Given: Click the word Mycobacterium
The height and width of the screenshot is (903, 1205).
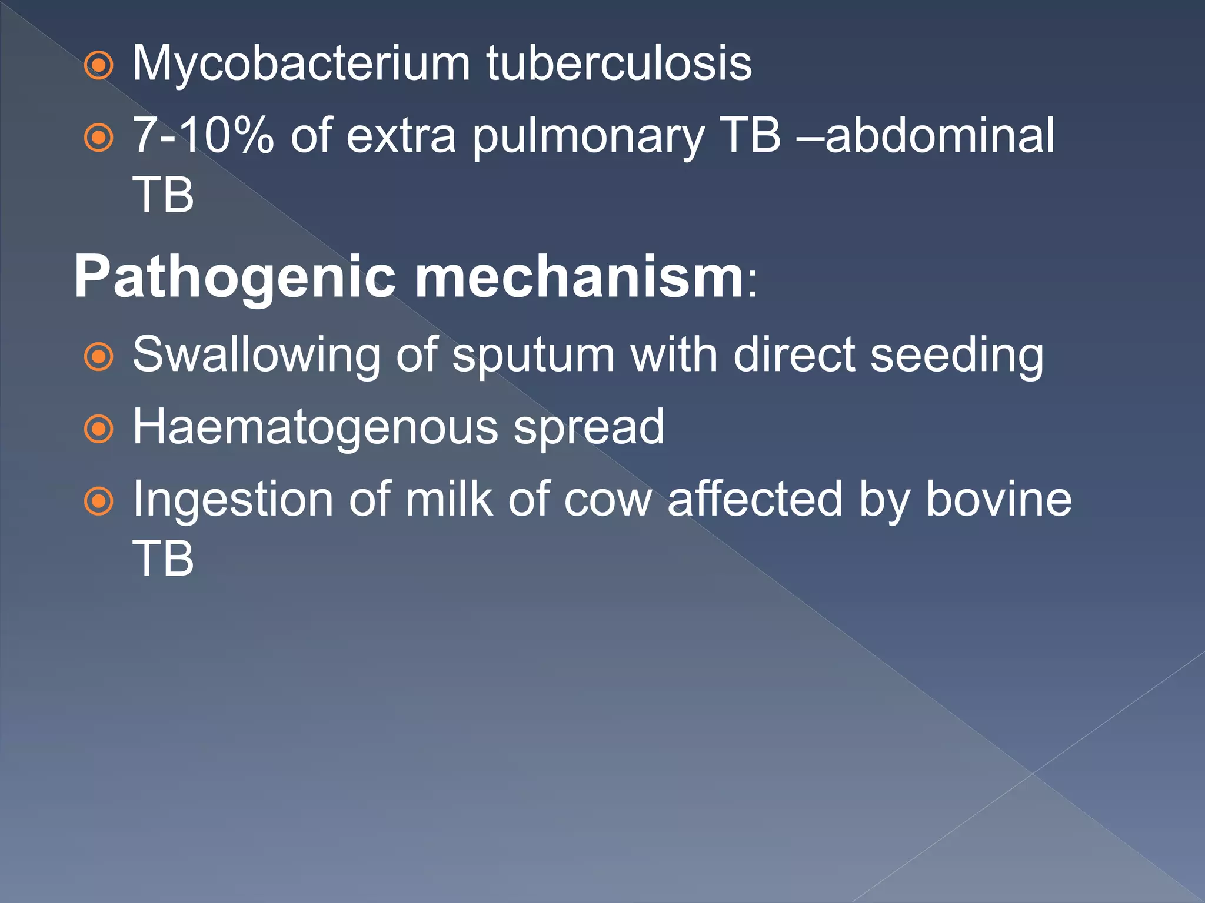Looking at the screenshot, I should (301, 63).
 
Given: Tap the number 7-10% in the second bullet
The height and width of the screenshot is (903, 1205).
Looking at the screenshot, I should (203, 136).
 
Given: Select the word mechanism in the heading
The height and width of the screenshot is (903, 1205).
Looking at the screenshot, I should (580, 276).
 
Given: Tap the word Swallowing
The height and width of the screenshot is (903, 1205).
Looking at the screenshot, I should (256, 356).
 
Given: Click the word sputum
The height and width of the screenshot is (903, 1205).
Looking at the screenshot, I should (533, 356).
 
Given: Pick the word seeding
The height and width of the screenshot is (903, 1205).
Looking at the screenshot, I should (957, 356).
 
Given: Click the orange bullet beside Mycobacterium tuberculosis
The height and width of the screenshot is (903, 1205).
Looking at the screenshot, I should (98, 65).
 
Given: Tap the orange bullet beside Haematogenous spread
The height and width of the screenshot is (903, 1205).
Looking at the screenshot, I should (98, 430).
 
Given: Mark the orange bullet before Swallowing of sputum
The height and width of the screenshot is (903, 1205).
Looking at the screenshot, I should (98, 357).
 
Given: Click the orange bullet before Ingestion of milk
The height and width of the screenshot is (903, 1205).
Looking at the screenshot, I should (98, 501).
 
